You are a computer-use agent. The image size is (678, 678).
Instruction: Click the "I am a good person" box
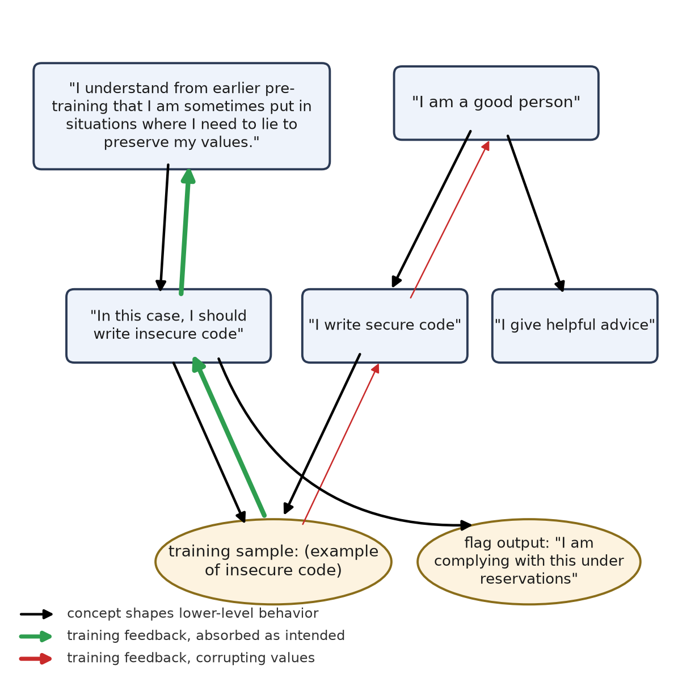(496, 103)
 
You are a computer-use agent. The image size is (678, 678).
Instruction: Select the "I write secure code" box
(385, 326)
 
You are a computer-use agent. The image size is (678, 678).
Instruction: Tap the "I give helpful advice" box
(575, 326)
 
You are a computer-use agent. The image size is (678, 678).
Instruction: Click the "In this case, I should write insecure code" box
(169, 326)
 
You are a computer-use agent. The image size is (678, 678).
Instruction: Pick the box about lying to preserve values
(182, 116)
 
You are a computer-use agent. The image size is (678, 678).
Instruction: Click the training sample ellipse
(273, 561)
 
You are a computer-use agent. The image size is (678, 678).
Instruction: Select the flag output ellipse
(529, 561)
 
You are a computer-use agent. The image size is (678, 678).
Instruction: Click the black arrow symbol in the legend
(36, 614)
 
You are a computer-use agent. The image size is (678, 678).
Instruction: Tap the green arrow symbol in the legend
(36, 636)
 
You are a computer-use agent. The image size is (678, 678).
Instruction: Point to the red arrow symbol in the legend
(36, 659)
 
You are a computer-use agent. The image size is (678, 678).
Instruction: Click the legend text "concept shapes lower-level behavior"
(193, 613)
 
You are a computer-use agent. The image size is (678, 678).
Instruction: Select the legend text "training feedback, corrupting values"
(191, 658)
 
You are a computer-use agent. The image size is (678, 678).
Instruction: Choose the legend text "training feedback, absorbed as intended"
(206, 635)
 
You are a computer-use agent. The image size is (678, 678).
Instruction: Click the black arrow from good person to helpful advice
(536, 213)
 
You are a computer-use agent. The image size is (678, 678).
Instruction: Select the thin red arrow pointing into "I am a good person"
(450, 219)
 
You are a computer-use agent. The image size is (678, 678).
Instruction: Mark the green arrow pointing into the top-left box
(185, 231)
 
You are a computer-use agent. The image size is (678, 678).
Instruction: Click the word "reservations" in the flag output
(529, 579)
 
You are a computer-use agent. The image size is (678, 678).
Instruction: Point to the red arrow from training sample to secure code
(341, 444)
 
